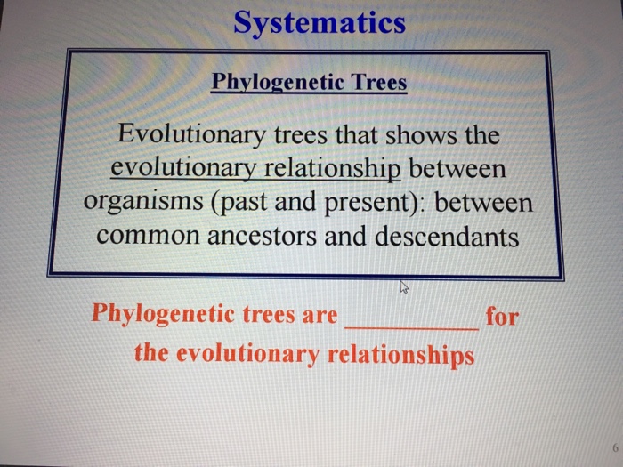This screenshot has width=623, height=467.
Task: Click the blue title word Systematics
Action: (x=320, y=22)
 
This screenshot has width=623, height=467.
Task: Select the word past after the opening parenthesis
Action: (x=245, y=203)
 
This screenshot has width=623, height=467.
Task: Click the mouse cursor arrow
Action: (x=404, y=286)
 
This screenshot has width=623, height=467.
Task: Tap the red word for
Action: (x=502, y=315)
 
